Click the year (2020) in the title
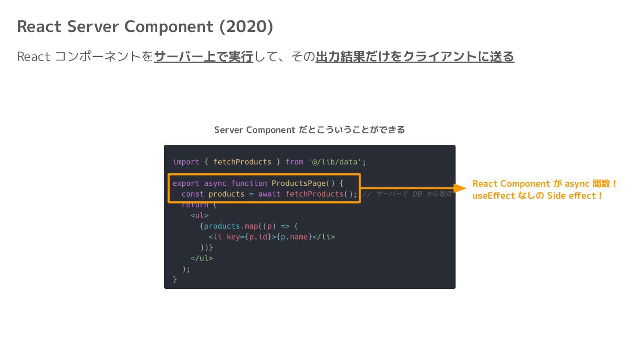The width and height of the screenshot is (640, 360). [x=246, y=27]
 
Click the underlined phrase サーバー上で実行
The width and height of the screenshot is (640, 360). [x=204, y=57]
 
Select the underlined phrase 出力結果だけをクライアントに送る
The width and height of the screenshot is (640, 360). [x=415, y=57]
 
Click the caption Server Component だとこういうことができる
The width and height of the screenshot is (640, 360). [x=309, y=130]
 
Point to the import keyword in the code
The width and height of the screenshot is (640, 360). [x=186, y=162]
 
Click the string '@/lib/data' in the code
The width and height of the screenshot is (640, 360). [x=336, y=162]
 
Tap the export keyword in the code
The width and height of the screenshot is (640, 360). [x=186, y=183]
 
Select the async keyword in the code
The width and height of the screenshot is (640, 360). [x=215, y=183]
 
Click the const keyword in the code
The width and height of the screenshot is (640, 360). [x=192, y=194]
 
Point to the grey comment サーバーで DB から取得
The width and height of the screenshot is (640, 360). [x=407, y=194]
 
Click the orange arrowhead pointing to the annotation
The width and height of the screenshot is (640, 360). [x=459, y=188]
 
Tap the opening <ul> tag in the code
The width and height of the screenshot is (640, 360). [x=199, y=216]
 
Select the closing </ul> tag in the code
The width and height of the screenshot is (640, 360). [x=201, y=258]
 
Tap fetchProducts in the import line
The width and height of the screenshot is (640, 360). [x=242, y=162]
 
